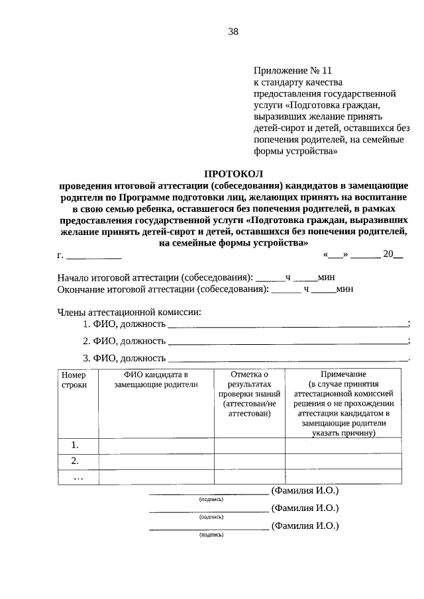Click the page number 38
click(x=233, y=31)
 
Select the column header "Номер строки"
click(x=74, y=379)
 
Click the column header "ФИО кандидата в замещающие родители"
click(x=156, y=379)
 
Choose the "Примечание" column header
click(x=343, y=375)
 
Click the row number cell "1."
click(x=76, y=445)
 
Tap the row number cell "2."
click(x=76, y=461)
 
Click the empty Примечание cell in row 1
click(x=343, y=445)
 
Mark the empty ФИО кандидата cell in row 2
click(x=156, y=461)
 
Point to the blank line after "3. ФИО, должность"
click(x=288, y=358)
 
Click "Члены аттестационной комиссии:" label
click(x=129, y=312)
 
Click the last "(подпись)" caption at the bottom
click(x=211, y=534)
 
